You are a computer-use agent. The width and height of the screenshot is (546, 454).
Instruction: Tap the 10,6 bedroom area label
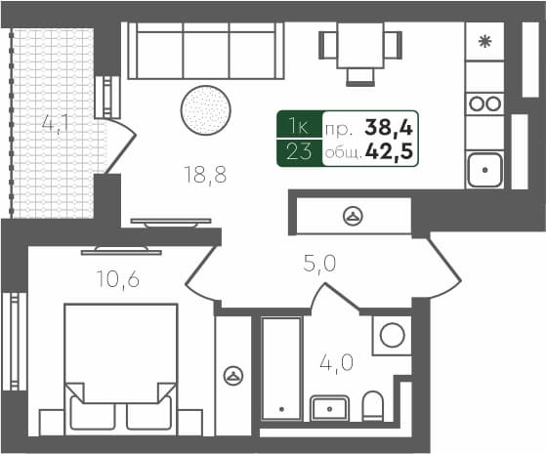tap(118, 280)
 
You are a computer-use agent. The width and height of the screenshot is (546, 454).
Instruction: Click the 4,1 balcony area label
tap(55, 125)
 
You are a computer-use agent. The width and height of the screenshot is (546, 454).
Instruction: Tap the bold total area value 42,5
tap(389, 152)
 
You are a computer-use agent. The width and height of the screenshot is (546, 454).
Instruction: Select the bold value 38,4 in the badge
tap(387, 125)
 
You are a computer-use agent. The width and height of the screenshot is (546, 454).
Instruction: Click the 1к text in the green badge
tap(299, 125)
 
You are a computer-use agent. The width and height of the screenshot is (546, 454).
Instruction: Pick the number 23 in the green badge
tap(299, 152)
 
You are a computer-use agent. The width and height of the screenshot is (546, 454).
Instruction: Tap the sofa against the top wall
tap(204, 51)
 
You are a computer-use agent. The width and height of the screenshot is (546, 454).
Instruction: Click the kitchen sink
tap(484, 170)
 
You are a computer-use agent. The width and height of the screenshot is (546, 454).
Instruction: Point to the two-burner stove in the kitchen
tap(484, 103)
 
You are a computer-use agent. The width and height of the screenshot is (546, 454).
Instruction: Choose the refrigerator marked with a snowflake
tap(484, 41)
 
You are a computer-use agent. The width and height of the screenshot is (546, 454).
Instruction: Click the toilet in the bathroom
tap(373, 404)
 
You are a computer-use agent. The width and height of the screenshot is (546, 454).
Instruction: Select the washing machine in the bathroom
tap(392, 336)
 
